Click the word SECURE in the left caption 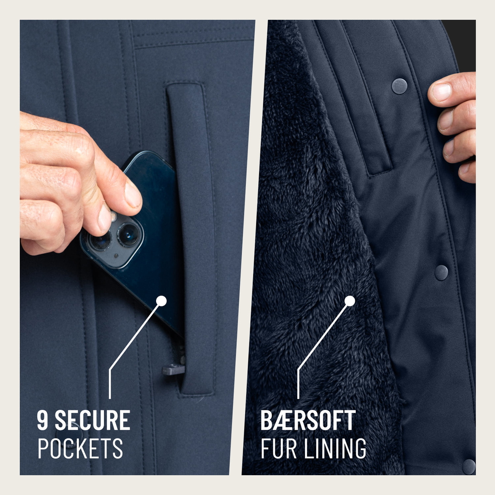92,420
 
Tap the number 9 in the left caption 43,420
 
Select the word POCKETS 80,448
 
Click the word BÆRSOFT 308,420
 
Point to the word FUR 279,448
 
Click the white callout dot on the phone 161,301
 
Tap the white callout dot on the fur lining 350,301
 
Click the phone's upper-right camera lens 128,234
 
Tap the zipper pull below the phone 173,369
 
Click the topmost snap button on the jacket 399,86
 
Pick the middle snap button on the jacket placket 441,273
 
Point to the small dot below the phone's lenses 116,255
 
